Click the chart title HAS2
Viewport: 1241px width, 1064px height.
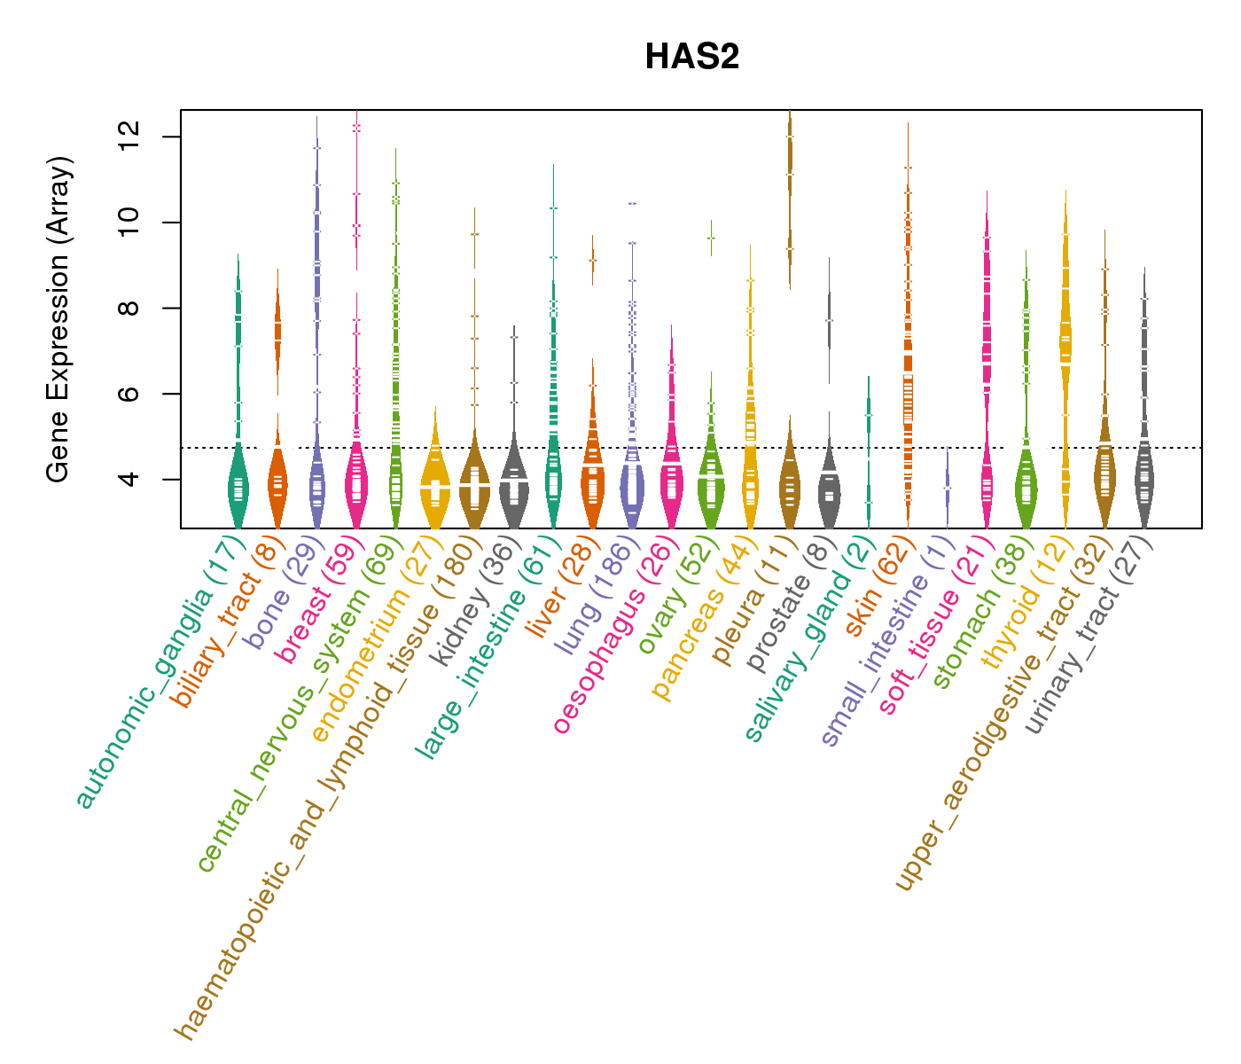click(691, 57)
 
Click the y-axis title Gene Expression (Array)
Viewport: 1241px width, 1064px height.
click(59, 319)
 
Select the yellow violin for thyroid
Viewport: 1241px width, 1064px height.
click(1065, 337)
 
